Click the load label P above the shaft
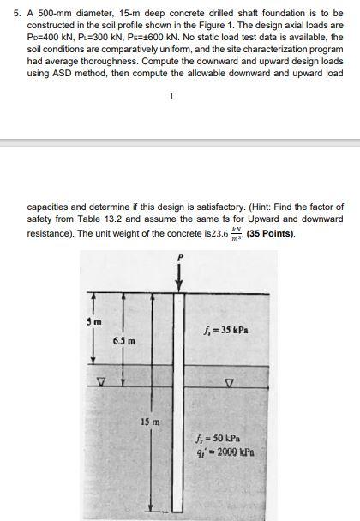[180, 256]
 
